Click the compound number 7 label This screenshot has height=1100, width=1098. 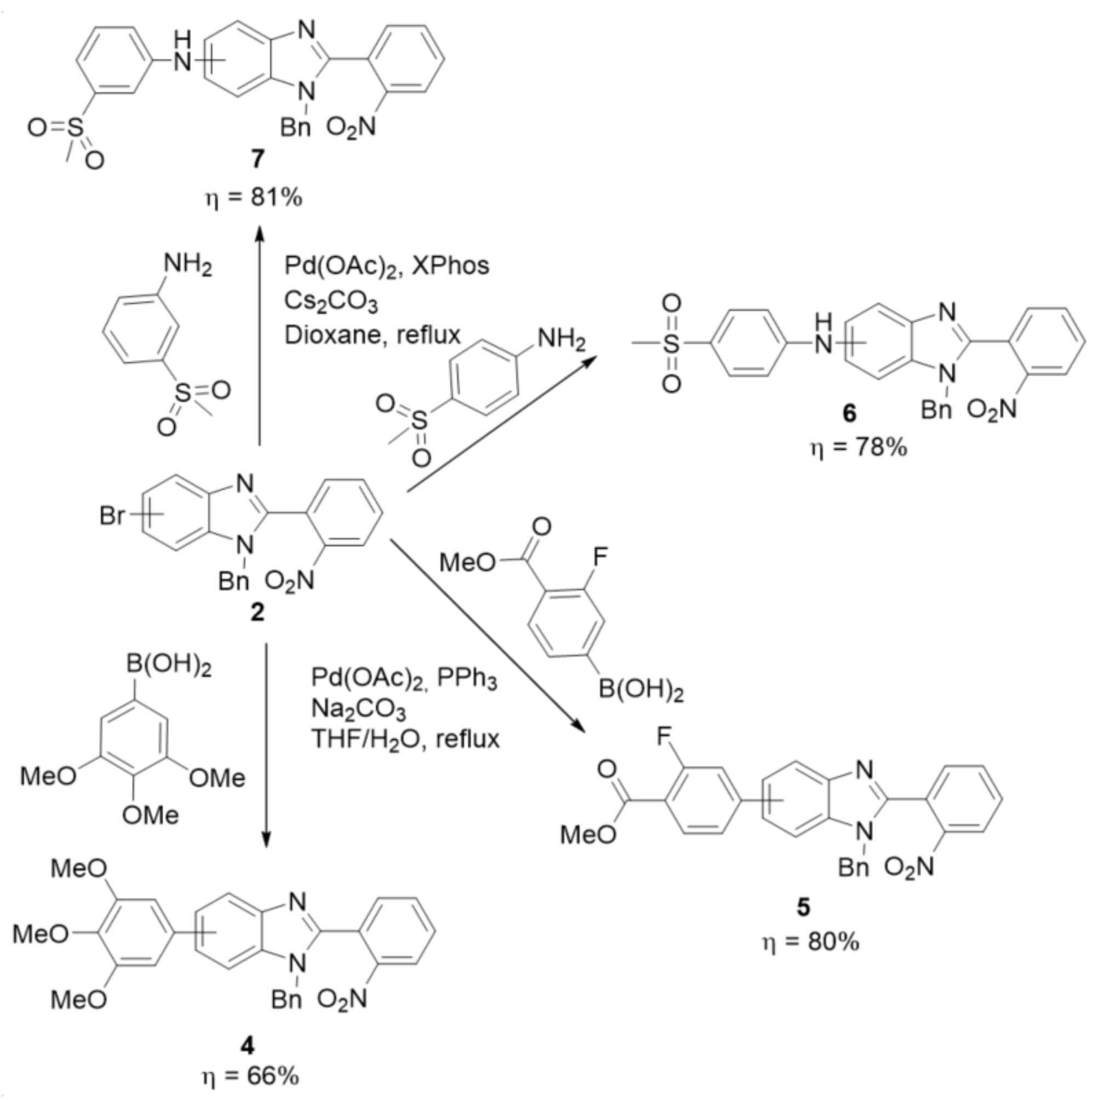click(x=258, y=160)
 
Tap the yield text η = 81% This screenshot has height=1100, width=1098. click(x=253, y=199)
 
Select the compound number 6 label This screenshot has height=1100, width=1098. click(x=849, y=414)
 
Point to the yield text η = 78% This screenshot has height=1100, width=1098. click(x=859, y=448)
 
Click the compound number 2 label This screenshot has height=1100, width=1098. click(x=258, y=613)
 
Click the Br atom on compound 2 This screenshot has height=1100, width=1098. click(x=112, y=516)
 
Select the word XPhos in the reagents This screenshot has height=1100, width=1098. click(x=450, y=266)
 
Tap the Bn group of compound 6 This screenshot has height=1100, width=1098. click(x=936, y=409)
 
